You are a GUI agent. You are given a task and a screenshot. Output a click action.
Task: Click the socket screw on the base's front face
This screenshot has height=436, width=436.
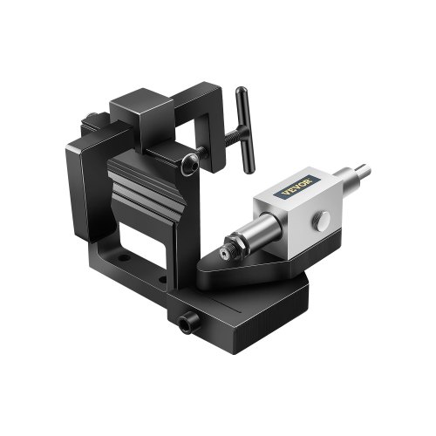[x=184, y=325]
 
